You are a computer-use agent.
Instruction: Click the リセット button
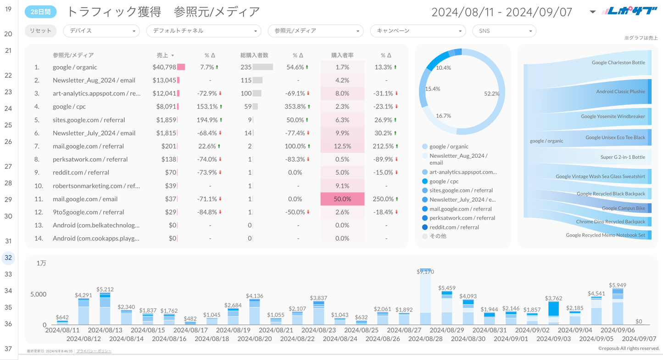click(40, 31)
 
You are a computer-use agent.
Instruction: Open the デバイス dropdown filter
click(101, 31)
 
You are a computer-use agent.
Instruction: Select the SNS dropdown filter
click(504, 31)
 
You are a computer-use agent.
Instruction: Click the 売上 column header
click(163, 55)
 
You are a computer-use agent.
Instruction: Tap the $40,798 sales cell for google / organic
click(164, 67)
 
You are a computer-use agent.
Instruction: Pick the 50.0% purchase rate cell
click(342, 199)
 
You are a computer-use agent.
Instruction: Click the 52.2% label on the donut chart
click(491, 94)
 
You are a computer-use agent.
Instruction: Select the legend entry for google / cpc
click(444, 181)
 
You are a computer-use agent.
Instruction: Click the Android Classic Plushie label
click(620, 91)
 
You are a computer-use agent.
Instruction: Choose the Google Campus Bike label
click(623, 208)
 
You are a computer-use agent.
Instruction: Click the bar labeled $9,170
click(425, 297)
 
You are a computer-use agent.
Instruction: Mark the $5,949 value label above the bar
click(618, 285)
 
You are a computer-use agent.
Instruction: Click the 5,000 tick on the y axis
click(38, 294)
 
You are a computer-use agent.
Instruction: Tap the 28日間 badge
click(40, 12)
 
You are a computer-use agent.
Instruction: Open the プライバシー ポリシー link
click(94, 351)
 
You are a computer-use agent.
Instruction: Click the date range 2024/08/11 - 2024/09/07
click(501, 12)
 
